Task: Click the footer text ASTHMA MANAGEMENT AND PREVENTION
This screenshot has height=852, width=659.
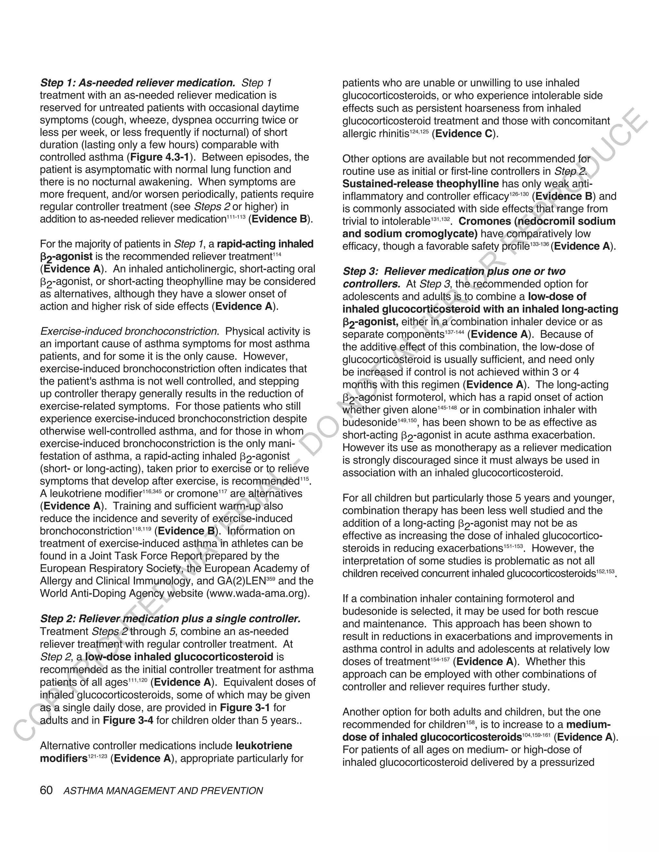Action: (x=163, y=791)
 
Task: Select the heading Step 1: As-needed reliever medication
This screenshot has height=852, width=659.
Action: (x=137, y=83)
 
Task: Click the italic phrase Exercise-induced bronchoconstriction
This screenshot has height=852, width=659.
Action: (x=129, y=331)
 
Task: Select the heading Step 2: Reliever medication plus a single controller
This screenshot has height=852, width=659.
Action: (x=170, y=619)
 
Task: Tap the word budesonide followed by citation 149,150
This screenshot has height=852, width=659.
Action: (x=369, y=422)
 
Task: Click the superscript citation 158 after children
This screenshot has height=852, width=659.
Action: (x=470, y=722)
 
